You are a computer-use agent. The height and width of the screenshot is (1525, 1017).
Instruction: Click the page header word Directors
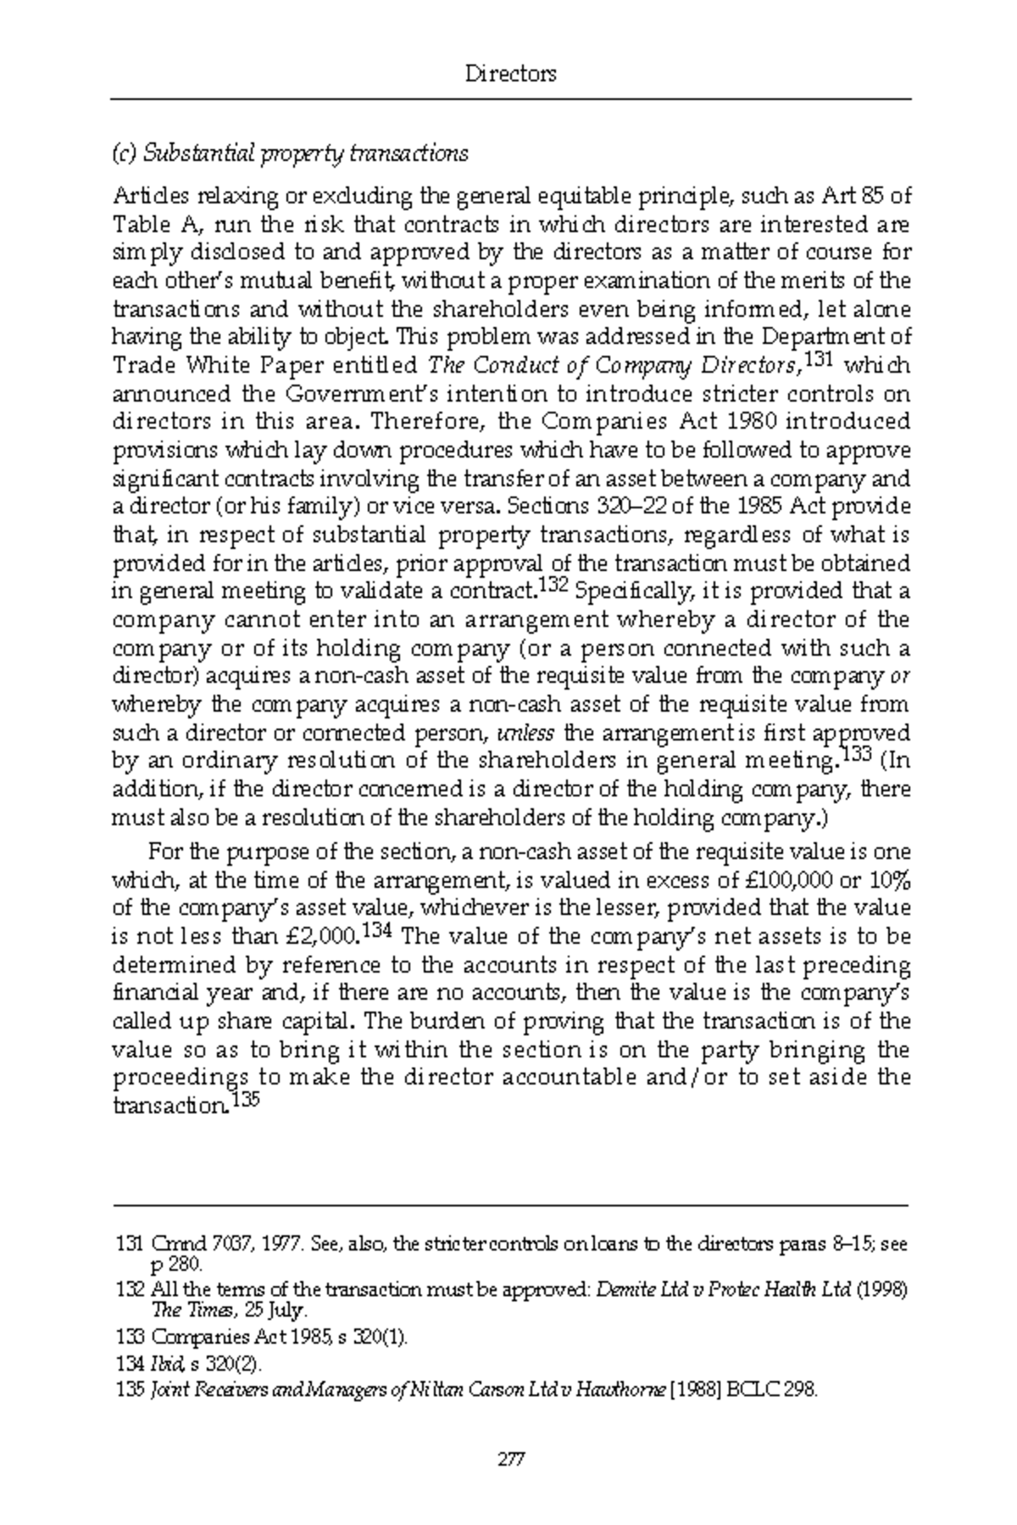511,74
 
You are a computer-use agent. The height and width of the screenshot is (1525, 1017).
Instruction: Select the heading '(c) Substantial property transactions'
290,153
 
